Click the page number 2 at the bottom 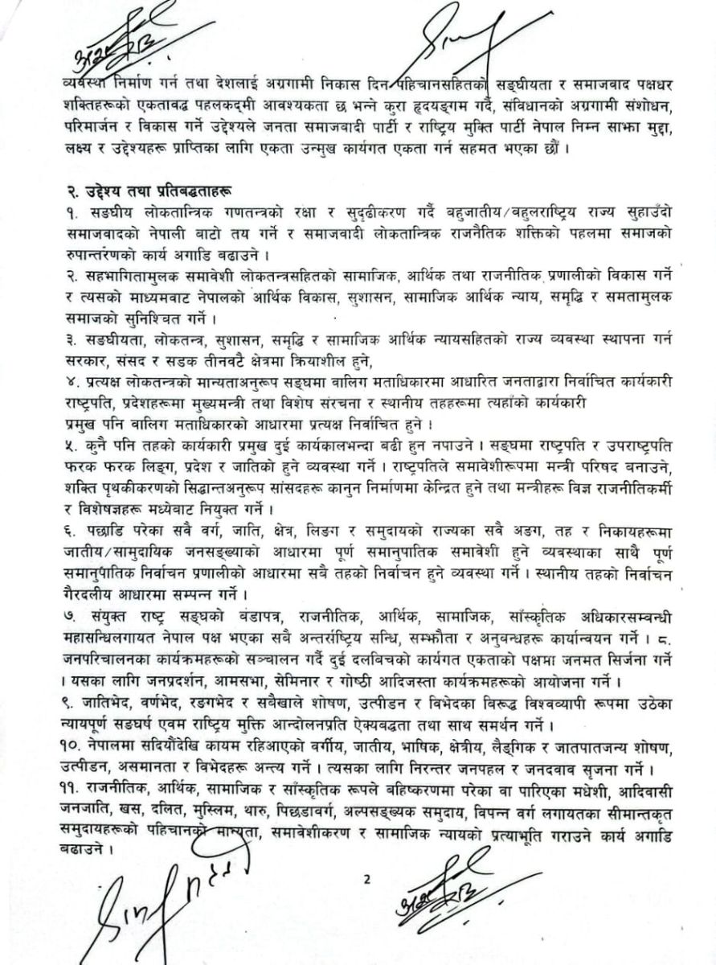click(x=366, y=878)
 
